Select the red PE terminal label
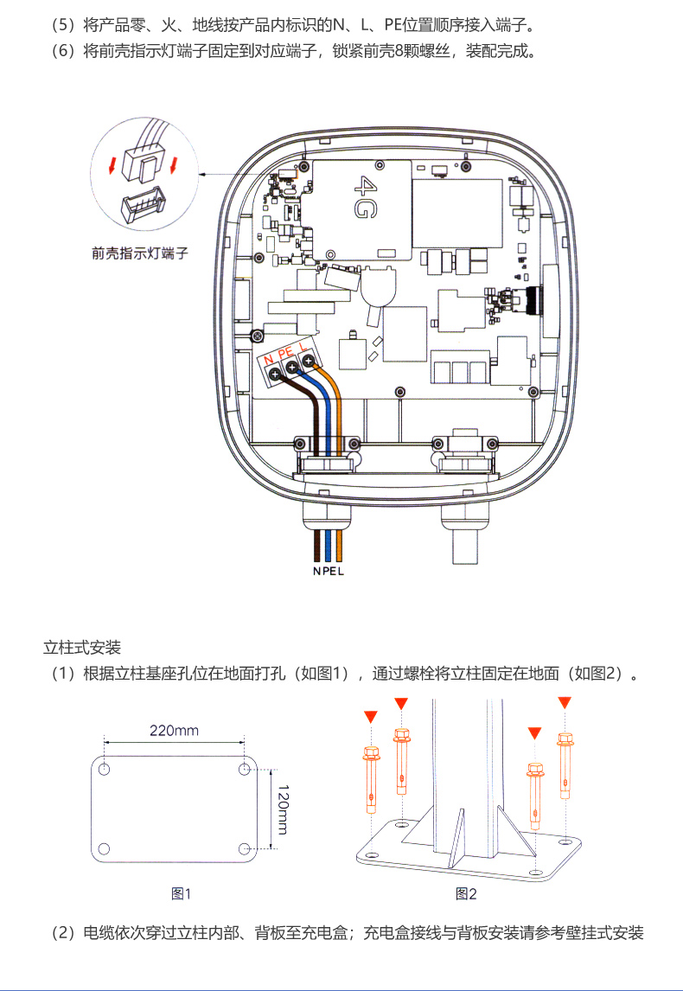click(x=286, y=353)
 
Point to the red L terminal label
click(x=304, y=348)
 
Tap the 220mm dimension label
click(x=174, y=731)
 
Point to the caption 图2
click(x=466, y=893)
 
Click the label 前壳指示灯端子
click(x=139, y=254)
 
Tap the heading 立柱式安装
click(x=82, y=647)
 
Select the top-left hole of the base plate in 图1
click(x=105, y=769)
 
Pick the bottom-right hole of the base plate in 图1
click(x=244, y=848)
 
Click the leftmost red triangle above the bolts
click(x=371, y=715)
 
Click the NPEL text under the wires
click(x=329, y=572)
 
